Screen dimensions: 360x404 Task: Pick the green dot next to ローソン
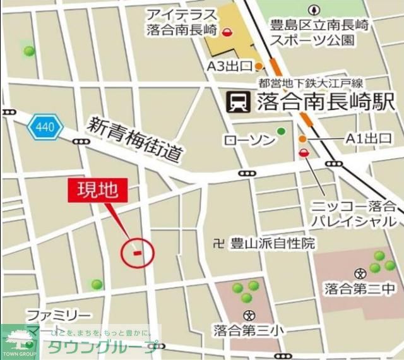point(281,131)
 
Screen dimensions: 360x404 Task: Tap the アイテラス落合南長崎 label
point(181,22)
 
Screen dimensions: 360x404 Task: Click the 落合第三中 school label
point(360,290)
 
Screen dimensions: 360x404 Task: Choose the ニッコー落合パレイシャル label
point(353,213)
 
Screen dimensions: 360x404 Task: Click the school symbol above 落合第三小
point(249,315)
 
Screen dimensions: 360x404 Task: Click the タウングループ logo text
point(104,347)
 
